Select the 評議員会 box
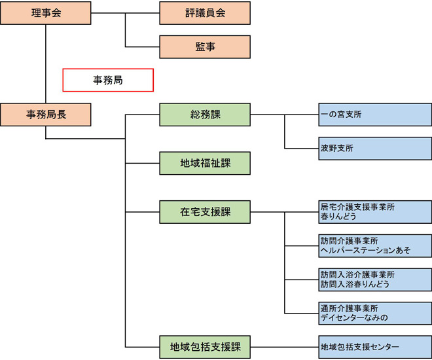pyautogui.click(x=205, y=12)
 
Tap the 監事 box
pyautogui.click(x=205, y=46)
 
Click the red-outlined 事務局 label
pyautogui.click(x=108, y=81)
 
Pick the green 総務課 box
pyautogui.click(x=205, y=115)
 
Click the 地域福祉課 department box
pyautogui.click(x=205, y=163)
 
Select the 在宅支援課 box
pyautogui.click(x=205, y=211)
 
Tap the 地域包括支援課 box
pyautogui.click(x=205, y=346)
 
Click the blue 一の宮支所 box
pyautogui.click(x=374, y=115)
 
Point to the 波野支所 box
pyautogui.click(x=374, y=149)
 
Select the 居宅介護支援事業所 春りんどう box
pyautogui.click(x=374, y=211)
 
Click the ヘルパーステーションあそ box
pyautogui.click(x=374, y=245)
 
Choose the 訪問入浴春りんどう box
pyautogui.click(x=374, y=279)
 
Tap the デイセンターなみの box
pyautogui.click(x=374, y=313)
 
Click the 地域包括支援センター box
pyautogui.click(x=374, y=346)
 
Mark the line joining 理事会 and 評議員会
pyautogui.click(x=124, y=12)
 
